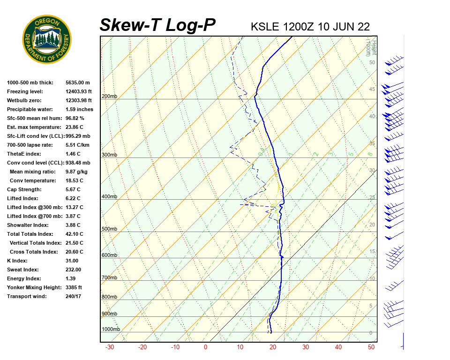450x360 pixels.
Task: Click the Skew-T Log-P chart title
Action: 157,25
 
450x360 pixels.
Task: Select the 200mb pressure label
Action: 109,97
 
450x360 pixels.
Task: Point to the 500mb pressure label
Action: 109,229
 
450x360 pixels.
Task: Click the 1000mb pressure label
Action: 111,329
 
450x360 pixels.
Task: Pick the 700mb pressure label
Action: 109,278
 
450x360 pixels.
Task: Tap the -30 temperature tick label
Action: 110,347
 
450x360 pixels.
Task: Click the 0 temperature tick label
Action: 205,347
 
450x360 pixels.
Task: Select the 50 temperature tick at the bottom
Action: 371,347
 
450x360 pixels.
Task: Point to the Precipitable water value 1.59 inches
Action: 79,109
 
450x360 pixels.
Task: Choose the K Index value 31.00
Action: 72,261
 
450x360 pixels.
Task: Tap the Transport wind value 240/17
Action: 73,296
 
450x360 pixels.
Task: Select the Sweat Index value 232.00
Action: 73,270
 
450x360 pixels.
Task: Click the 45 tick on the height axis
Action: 372,90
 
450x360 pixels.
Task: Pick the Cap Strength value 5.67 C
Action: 73,189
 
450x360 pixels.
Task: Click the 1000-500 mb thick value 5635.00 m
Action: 77,82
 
